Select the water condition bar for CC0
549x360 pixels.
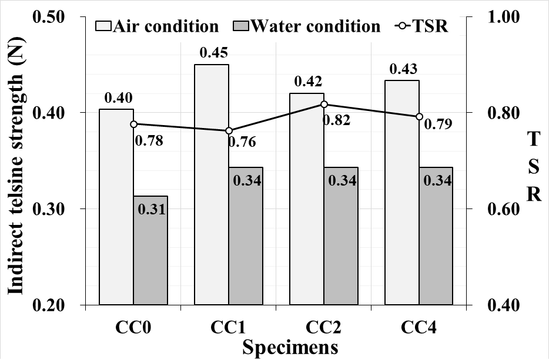click(150, 250)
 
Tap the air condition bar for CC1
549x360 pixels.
click(212, 184)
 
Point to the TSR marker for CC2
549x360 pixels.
click(324, 104)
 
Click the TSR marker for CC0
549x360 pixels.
click(133, 124)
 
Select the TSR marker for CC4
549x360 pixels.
click(419, 116)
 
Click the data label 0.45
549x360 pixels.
click(213, 53)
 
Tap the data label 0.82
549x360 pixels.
click(336, 120)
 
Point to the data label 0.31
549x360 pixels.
click(150, 209)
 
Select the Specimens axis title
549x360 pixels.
click(290, 346)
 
